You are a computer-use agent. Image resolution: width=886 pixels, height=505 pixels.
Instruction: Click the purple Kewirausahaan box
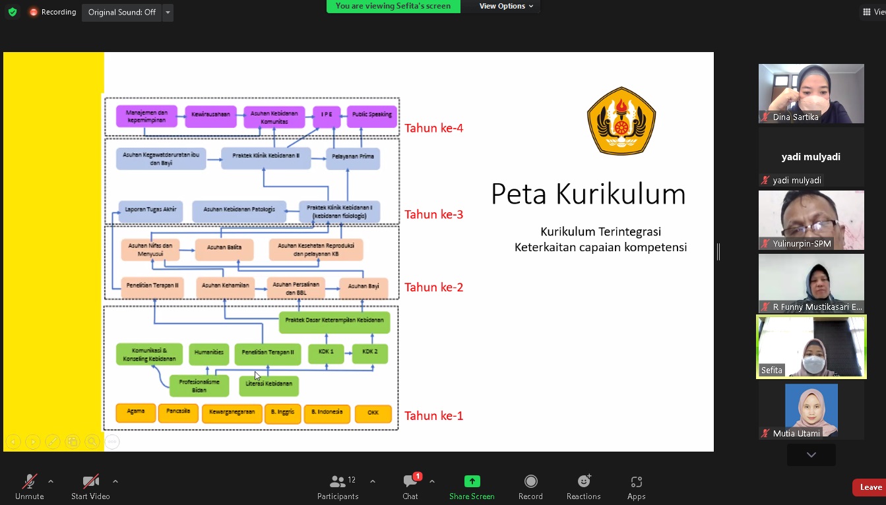pos(211,115)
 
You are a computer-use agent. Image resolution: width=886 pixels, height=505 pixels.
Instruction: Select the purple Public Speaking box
pos(371,115)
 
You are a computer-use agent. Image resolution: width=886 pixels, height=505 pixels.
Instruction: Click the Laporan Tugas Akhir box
pos(150,210)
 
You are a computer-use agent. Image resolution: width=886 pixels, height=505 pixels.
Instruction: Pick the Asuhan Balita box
pos(224,248)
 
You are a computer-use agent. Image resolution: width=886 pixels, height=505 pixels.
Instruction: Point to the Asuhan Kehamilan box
pos(226,286)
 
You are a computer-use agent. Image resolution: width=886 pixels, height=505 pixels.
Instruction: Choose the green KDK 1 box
pos(326,352)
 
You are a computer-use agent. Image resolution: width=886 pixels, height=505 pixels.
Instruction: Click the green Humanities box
pos(209,353)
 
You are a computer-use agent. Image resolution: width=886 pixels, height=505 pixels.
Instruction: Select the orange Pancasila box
pos(178,412)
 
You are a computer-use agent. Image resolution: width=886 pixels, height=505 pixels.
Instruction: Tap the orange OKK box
pos(373,414)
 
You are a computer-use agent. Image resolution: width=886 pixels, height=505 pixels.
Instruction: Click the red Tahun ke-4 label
pos(433,128)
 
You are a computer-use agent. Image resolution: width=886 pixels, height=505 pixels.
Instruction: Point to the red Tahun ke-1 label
pos(433,416)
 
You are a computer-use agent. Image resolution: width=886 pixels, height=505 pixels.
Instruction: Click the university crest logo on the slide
pos(621,121)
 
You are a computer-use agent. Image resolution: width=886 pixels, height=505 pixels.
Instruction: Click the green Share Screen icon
pos(472,481)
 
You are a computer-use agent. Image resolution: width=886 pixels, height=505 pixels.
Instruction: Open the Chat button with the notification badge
pos(410,482)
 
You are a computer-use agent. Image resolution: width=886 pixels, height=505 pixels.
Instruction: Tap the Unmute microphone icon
pos(29,482)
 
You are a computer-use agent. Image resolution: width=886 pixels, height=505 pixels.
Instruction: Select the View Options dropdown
pos(506,6)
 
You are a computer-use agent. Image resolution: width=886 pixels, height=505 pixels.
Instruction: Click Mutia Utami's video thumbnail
pos(811,410)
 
